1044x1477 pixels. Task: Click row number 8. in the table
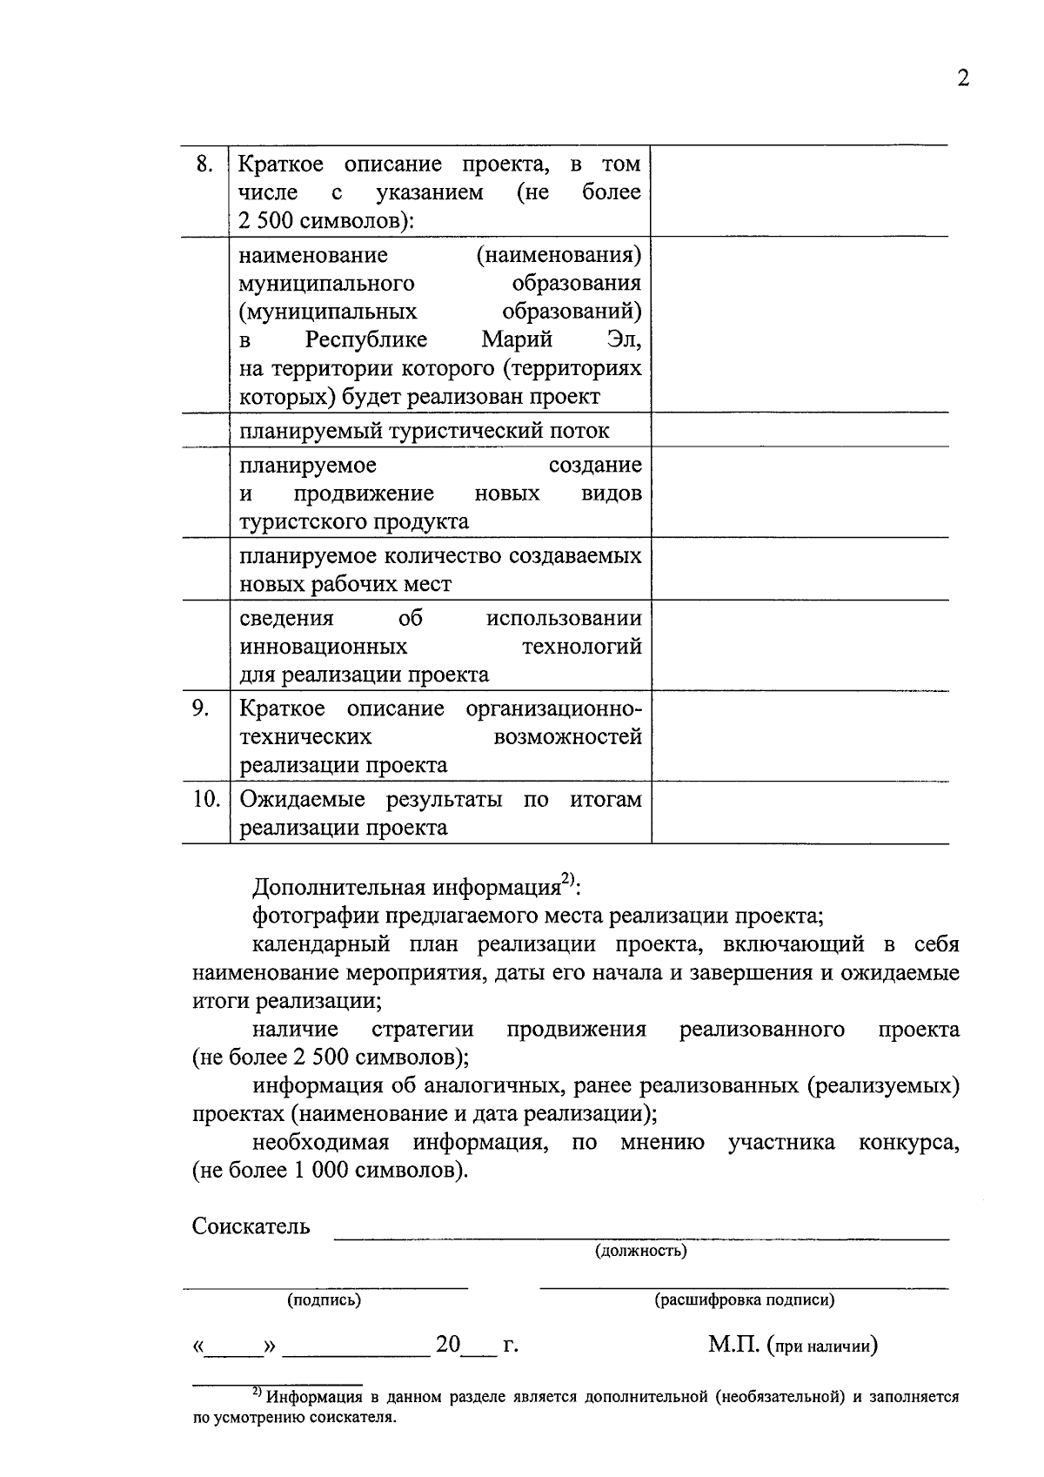[x=204, y=164]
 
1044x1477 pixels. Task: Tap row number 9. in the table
[x=201, y=708]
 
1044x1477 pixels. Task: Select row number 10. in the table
[x=206, y=798]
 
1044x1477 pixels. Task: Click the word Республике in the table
[x=365, y=339]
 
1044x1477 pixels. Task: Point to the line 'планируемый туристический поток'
[x=425, y=431]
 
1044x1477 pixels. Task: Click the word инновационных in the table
[x=324, y=647]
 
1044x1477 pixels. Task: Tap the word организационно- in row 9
[x=553, y=708]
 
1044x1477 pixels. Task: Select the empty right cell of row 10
[x=800, y=813]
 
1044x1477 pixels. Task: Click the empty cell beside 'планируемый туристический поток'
[x=800, y=430]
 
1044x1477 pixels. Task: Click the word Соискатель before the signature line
[x=251, y=1227]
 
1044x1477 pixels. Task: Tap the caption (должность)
[x=641, y=1252]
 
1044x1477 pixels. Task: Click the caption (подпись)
[x=324, y=1300]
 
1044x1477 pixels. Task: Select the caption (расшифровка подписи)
[x=744, y=1300]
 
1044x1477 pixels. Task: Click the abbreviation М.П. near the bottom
[x=733, y=1346]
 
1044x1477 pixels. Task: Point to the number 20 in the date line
[x=448, y=1345]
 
